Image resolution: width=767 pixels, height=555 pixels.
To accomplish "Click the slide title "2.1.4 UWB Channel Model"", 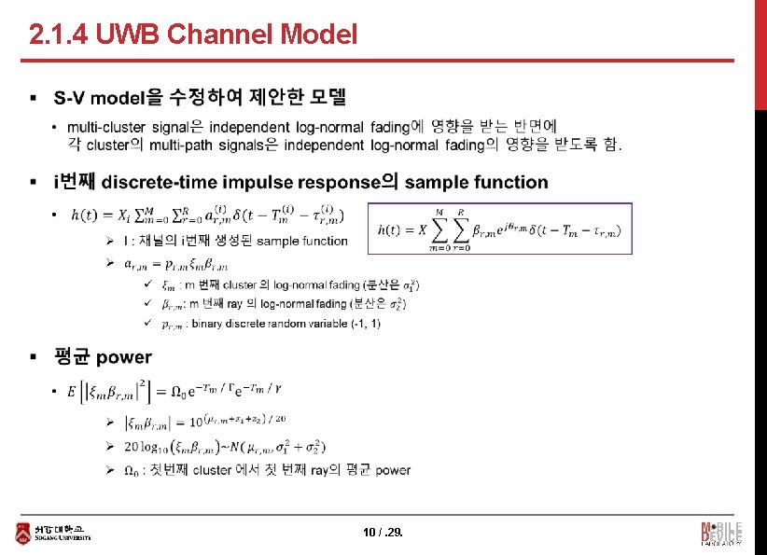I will tap(193, 35).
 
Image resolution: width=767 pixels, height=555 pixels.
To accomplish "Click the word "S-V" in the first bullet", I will tap(70, 97).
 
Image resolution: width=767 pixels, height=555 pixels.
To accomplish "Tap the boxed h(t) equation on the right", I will tap(499, 229).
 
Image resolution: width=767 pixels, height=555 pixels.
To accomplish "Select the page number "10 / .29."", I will tap(383, 533).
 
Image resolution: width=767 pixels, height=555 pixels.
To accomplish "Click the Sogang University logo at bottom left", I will tap(55, 533).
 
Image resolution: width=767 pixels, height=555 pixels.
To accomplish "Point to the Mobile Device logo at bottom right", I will tap(721, 533).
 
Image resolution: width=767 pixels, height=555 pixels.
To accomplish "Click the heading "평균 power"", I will tap(103, 357).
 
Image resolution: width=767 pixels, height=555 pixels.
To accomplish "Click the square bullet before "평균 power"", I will tap(34, 357).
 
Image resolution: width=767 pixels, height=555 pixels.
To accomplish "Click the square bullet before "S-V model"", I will tap(34, 97).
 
